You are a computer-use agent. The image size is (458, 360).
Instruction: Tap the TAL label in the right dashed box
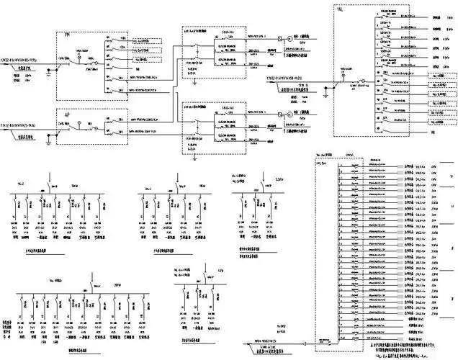click(x=339, y=9)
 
